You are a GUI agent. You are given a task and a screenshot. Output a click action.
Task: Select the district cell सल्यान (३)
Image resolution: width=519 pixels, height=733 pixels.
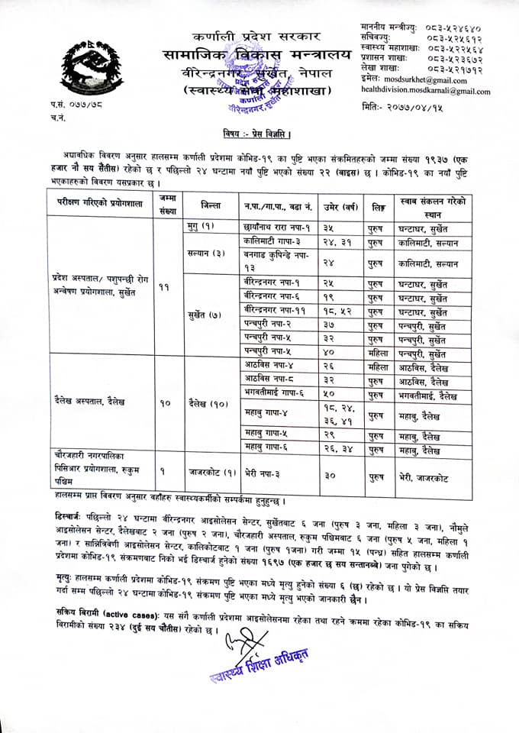(x=205, y=253)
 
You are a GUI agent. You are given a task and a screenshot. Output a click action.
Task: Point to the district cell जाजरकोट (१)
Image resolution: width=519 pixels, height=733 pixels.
(x=210, y=473)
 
